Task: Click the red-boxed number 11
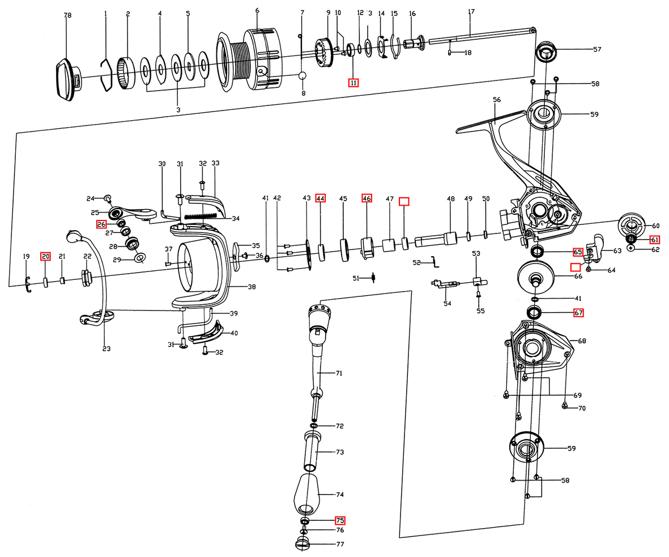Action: [353, 83]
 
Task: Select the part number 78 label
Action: [67, 16]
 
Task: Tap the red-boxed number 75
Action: [340, 520]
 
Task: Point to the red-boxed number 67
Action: [578, 312]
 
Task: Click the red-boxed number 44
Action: [321, 198]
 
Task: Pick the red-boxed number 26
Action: [101, 224]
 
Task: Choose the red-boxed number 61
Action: [654, 239]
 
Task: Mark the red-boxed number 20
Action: [45, 257]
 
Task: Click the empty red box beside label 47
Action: [404, 201]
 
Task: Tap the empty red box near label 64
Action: [575, 267]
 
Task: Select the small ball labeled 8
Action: [302, 76]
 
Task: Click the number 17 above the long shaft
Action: [471, 12]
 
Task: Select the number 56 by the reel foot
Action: [497, 100]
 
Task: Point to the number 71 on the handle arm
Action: [340, 373]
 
